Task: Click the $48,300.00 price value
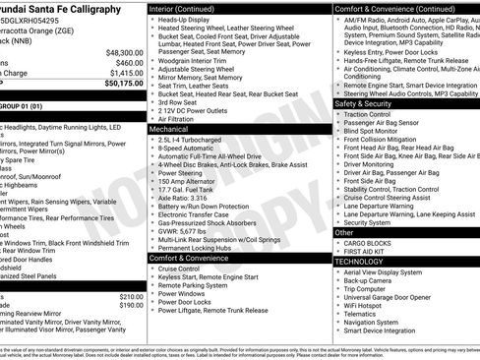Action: [124, 52]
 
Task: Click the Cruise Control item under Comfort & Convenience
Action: [179, 269]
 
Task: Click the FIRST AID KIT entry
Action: [366, 252]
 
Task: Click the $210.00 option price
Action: [131, 296]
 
